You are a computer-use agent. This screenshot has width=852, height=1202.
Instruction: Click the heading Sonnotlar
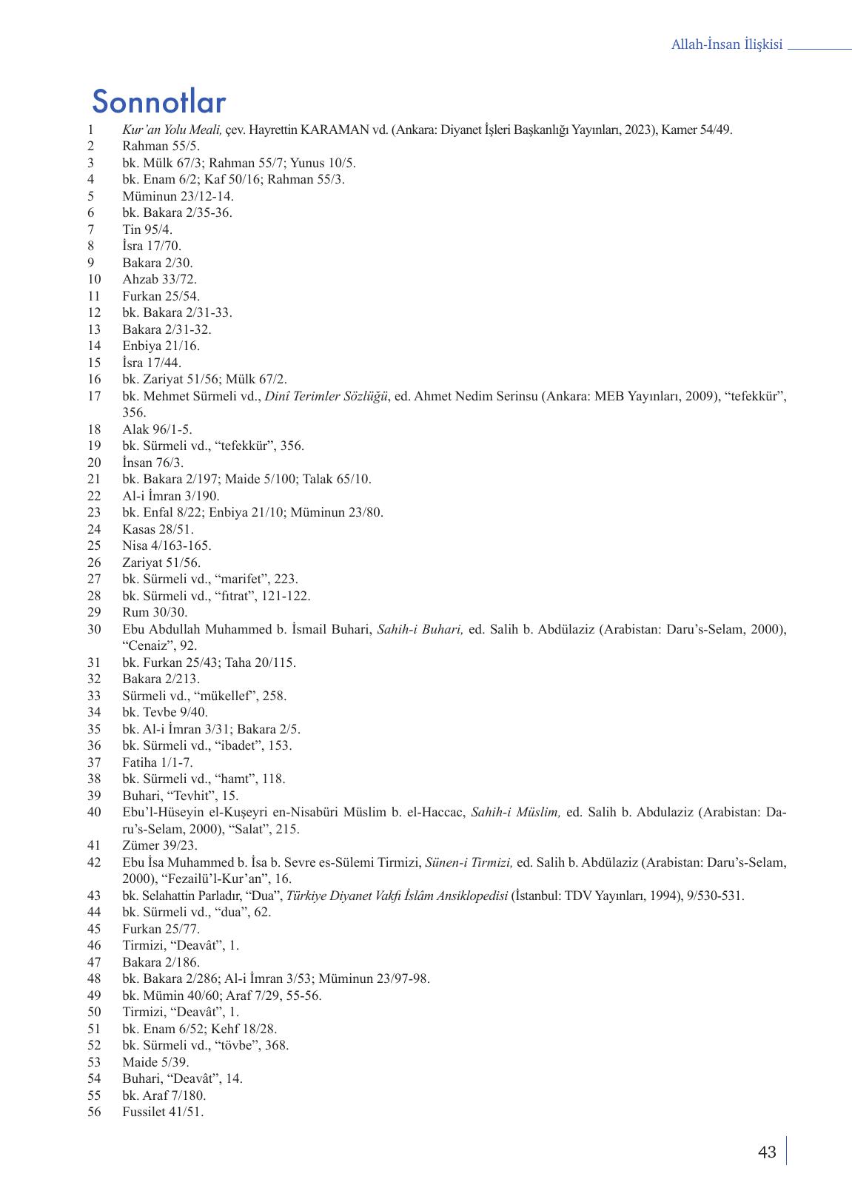click(x=159, y=102)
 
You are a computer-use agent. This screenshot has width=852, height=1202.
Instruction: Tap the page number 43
click(x=767, y=1152)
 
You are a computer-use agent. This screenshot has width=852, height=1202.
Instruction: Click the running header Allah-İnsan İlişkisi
click(x=726, y=45)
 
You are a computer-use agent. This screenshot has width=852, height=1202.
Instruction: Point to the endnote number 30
click(x=94, y=630)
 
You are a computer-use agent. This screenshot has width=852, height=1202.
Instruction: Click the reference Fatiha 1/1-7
click(x=158, y=762)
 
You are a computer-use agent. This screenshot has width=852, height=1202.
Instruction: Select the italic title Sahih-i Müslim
click(x=515, y=813)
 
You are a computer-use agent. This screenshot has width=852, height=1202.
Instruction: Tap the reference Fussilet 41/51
click(x=163, y=1112)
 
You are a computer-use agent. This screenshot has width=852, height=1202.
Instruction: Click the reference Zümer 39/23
click(x=160, y=845)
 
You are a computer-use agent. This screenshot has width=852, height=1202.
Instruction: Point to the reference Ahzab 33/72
click(x=159, y=280)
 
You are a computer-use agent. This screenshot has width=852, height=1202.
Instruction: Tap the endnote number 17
click(x=94, y=397)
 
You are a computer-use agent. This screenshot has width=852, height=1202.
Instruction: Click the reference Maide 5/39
click(x=155, y=1062)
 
